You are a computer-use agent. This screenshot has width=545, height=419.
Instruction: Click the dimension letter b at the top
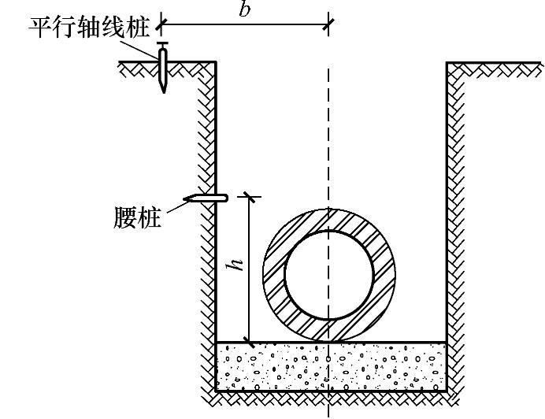point(245,10)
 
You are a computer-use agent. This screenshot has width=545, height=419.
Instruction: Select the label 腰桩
point(139,217)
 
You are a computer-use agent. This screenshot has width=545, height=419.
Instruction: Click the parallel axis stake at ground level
point(162,69)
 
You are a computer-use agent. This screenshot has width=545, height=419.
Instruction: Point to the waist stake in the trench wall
point(206,197)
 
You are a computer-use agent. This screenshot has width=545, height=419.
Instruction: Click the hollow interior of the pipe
point(328,276)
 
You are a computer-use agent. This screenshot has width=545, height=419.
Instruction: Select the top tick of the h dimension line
point(250,195)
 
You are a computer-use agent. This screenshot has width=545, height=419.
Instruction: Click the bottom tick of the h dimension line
point(250,342)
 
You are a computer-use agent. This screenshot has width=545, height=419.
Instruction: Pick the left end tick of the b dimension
point(161,24)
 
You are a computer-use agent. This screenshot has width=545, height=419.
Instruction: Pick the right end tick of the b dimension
point(328,24)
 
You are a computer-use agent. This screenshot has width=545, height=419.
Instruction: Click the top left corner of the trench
point(216,62)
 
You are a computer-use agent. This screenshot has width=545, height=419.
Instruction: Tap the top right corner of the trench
point(447,62)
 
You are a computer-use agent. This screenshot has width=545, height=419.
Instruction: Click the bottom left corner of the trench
point(216,391)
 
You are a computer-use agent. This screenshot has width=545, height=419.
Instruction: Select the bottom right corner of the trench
point(447,391)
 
